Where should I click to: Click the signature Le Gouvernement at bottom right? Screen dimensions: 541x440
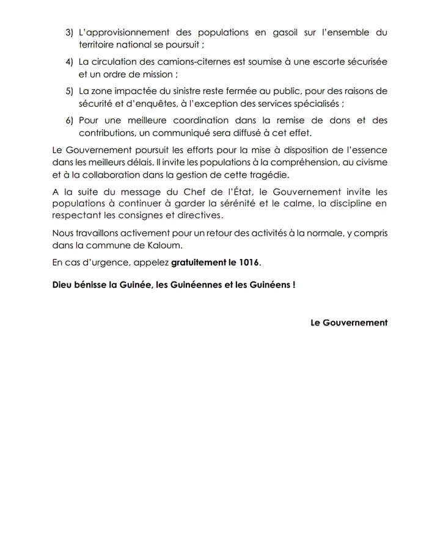pyautogui.click(x=349, y=322)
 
